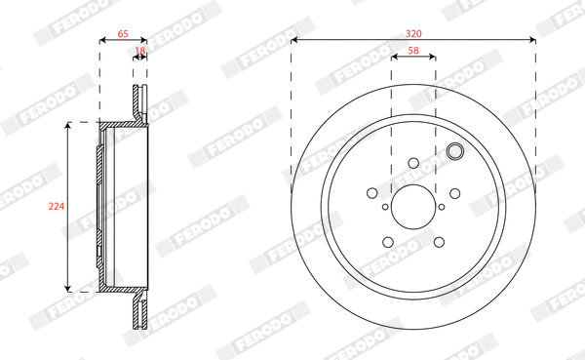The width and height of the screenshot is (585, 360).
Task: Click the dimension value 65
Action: pyautogui.click(x=123, y=34)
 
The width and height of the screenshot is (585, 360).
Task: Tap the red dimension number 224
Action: pyautogui.click(x=56, y=206)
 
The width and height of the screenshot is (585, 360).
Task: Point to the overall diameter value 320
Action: pyautogui.click(x=414, y=32)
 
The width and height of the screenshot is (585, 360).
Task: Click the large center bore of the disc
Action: pyautogui.click(x=413, y=207)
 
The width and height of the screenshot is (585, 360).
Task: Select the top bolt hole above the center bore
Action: pyautogui.click(x=413, y=163)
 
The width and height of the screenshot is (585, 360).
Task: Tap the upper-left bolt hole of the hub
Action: pyautogui.click(x=372, y=193)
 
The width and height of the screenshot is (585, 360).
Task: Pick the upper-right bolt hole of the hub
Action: pyautogui.click(x=455, y=193)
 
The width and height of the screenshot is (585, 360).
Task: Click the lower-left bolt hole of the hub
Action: pyautogui.click(x=388, y=242)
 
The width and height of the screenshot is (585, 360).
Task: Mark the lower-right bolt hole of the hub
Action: pyautogui.click(x=439, y=242)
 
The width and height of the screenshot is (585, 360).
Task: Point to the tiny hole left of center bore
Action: pyautogui.click(x=386, y=207)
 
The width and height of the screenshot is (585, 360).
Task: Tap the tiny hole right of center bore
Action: pyautogui.click(x=441, y=207)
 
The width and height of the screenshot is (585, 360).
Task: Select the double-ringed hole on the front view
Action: pyautogui.click(x=453, y=151)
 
